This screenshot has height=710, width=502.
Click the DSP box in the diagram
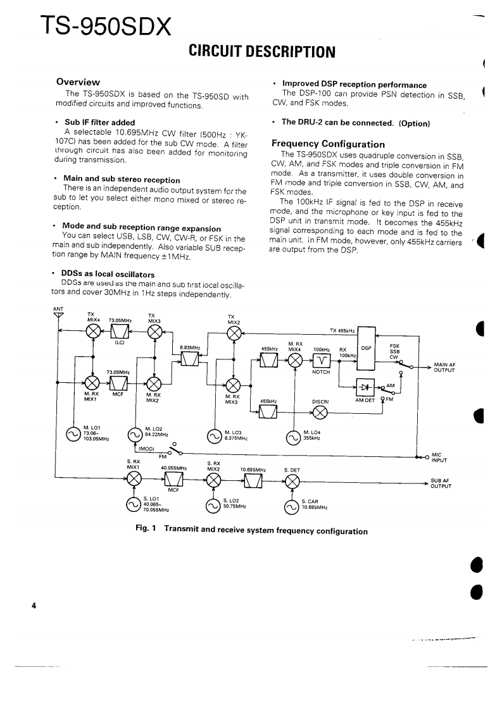[366, 348]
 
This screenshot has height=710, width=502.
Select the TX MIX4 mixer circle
[93, 332]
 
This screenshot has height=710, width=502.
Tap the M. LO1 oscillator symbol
[74, 435]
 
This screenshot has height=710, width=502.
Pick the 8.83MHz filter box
[190, 359]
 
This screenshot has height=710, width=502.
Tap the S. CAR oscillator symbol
[292, 506]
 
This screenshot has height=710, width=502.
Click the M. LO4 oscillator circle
[294, 436]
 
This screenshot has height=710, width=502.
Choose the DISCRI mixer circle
[320, 412]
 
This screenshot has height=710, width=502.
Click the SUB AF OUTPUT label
[440, 483]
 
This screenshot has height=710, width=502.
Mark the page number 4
[34, 606]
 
